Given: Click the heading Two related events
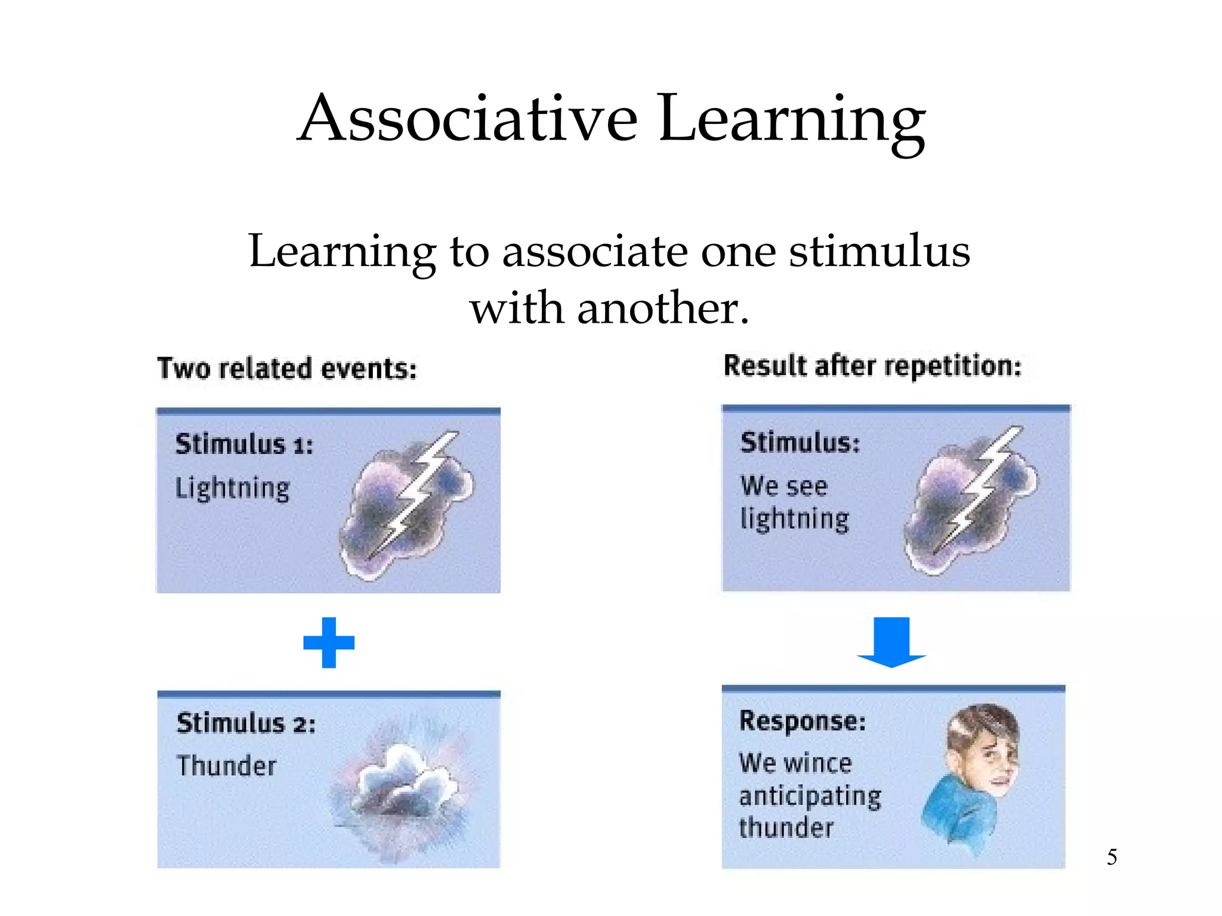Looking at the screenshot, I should pos(286,369).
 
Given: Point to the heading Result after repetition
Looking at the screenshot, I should pos(872,366).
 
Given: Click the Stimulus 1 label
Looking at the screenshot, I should pos(243,444).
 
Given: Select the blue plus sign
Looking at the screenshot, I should pos(329,642).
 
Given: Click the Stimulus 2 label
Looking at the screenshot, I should pos(246,723).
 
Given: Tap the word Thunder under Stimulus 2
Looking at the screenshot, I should pos(227,766).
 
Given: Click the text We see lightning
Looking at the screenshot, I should pos(794,502).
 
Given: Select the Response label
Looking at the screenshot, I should pos(802,721).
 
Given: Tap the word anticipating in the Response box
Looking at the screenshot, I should pos(810,796).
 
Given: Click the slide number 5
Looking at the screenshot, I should pos(1112,857).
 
